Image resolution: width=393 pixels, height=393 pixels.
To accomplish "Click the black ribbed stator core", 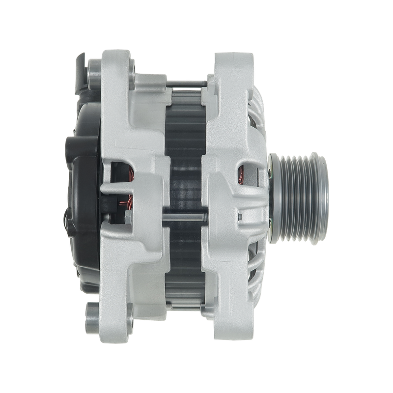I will click(186, 147).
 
